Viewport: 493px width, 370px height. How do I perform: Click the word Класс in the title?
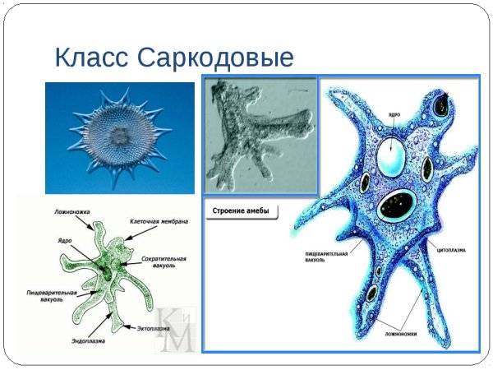click(91, 58)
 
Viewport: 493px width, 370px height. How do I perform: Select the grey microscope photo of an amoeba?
click(259, 135)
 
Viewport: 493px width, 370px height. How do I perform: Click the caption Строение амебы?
click(242, 211)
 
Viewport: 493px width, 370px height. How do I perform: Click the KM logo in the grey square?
click(175, 329)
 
